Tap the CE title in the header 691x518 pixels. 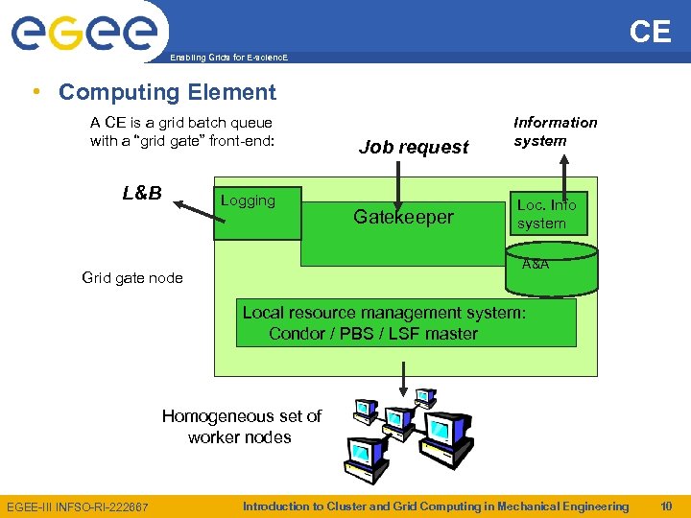coord(650,32)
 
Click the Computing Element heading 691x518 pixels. coord(167,92)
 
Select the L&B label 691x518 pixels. coord(142,193)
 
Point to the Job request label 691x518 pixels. coord(414,147)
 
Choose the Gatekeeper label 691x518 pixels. coord(403,217)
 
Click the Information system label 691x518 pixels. coord(555,131)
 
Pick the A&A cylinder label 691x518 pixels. coord(536,264)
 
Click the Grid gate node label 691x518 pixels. coord(132,278)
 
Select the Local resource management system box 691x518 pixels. coord(406,322)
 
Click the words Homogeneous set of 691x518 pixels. coord(241,415)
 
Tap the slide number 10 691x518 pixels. coord(666,506)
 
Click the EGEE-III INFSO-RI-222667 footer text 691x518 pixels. coord(78,506)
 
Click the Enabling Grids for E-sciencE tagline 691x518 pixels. coord(228,59)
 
